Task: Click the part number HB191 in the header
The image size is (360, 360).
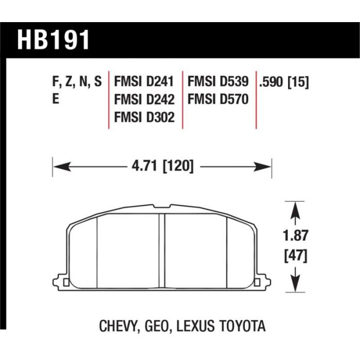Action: pyautogui.click(x=53, y=40)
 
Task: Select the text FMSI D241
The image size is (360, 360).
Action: pyautogui.click(x=144, y=81)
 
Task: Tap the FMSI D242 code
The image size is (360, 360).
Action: pyautogui.click(x=145, y=99)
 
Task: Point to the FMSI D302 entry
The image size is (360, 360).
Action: pyautogui.click(x=145, y=117)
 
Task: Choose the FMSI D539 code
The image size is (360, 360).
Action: pyautogui.click(x=218, y=81)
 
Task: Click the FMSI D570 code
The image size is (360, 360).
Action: pyautogui.click(x=218, y=99)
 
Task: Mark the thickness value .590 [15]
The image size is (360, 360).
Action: pyautogui.click(x=284, y=82)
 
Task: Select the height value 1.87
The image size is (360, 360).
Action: pyautogui.click(x=295, y=236)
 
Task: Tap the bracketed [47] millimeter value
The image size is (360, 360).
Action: pyautogui.click(x=295, y=256)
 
